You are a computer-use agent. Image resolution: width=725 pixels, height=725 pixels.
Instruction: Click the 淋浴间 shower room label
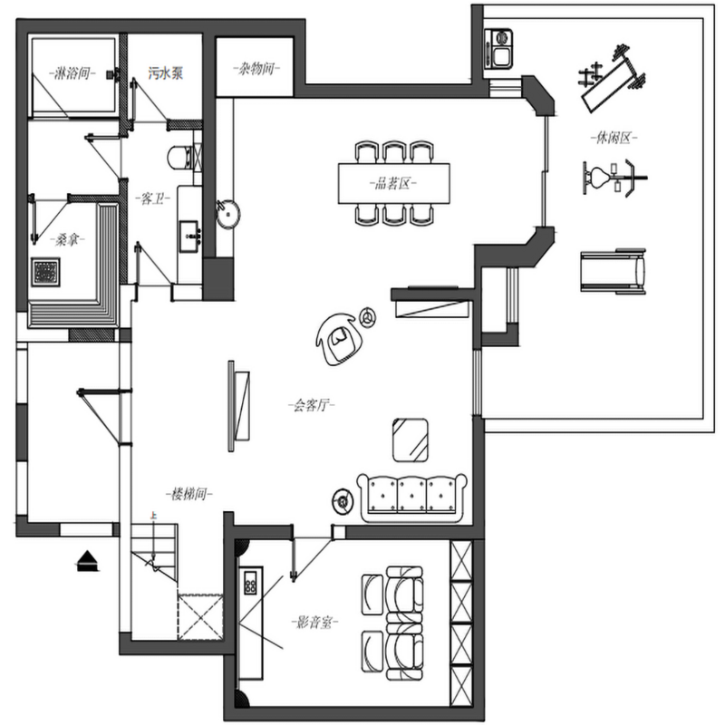click(x=72, y=73)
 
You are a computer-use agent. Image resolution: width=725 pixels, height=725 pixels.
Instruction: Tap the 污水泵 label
click(x=166, y=72)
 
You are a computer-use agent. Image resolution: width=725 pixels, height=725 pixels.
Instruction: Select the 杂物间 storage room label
click(x=256, y=69)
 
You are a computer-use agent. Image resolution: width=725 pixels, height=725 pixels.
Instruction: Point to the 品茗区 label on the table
click(x=393, y=184)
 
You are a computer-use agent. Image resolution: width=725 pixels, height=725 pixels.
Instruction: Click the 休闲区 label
click(x=614, y=138)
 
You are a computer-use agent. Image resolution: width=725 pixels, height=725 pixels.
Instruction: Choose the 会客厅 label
click(x=312, y=405)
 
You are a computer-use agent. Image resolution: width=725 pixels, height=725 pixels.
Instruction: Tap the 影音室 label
click(x=314, y=623)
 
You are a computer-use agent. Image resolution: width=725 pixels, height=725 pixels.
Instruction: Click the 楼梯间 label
click(x=189, y=494)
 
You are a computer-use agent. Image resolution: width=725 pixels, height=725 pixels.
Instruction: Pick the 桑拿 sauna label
click(x=67, y=239)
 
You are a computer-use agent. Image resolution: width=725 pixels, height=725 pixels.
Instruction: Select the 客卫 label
click(x=153, y=199)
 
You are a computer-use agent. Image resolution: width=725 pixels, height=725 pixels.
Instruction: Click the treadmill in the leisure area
click(x=614, y=271)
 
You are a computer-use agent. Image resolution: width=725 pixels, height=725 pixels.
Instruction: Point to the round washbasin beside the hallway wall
click(x=228, y=213)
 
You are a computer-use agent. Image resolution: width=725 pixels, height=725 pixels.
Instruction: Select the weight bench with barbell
click(x=611, y=79)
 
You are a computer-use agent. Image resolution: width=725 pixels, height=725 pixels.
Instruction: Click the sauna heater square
click(x=46, y=272)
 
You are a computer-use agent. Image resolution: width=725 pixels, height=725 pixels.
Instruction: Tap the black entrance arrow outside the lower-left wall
click(x=87, y=561)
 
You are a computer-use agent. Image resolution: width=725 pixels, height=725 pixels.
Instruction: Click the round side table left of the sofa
click(x=343, y=501)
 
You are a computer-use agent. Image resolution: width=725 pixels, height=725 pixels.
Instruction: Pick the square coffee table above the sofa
click(x=411, y=440)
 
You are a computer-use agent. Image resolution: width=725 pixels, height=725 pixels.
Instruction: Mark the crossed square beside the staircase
click(x=200, y=617)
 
